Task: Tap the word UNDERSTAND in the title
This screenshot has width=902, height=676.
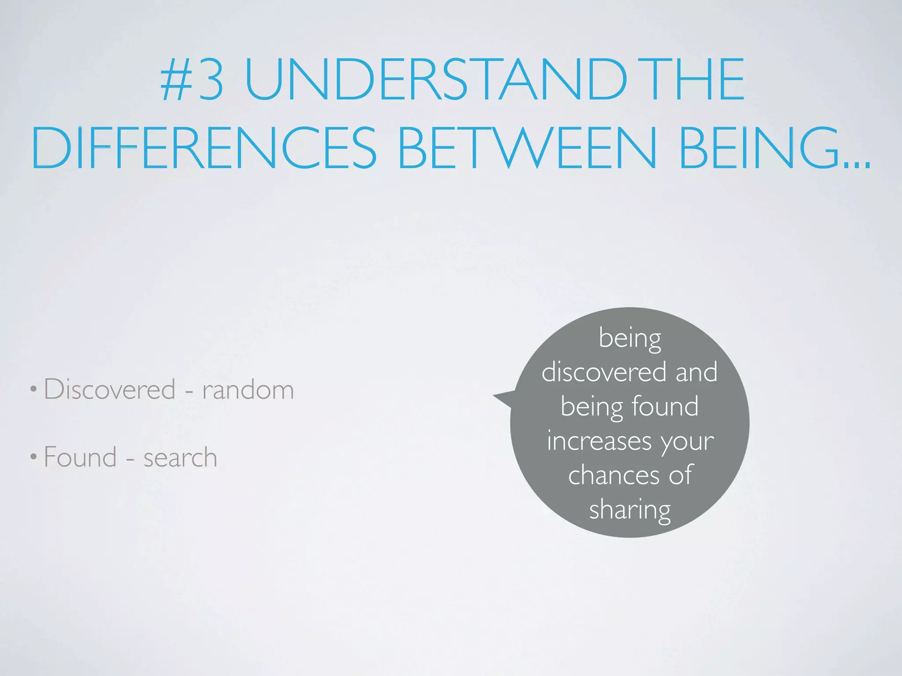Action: (435, 80)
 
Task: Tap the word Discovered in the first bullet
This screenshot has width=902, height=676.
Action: (110, 389)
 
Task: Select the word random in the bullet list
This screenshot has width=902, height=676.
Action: (248, 390)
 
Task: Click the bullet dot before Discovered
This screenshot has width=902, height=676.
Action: (33, 389)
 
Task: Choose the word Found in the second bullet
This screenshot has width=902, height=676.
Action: (80, 457)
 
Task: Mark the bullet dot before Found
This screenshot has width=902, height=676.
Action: (33, 457)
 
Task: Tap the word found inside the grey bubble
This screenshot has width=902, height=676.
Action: (665, 406)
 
